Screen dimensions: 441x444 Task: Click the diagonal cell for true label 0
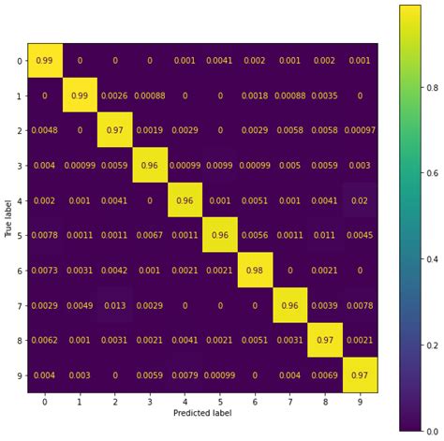pos(45,61)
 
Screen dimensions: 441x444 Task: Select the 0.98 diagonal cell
pos(254,270)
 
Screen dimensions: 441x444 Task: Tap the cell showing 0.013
pos(114,304)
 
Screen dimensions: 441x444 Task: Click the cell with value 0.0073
pos(45,270)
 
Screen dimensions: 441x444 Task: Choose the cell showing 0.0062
pos(45,339)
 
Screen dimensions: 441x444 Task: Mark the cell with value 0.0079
pos(184,374)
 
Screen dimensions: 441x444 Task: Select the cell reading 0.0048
pos(45,130)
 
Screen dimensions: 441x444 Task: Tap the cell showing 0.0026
pos(114,96)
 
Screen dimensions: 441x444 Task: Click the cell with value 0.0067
pos(149,235)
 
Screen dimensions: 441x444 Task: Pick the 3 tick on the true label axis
pos(21,166)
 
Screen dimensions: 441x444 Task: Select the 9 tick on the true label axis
pos(21,374)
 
